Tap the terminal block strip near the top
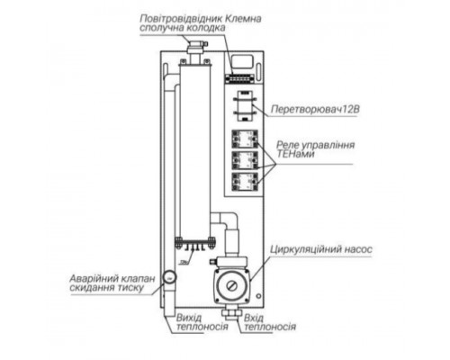tap(241, 64)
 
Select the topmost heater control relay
tap(243, 140)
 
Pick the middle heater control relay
tap(243, 162)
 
